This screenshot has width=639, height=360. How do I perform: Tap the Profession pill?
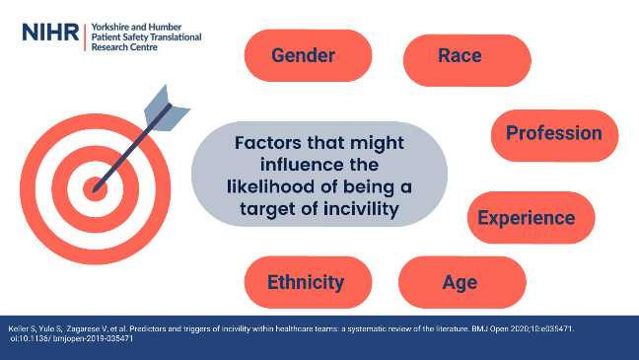point(553,134)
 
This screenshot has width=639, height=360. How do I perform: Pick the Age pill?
point(460,282)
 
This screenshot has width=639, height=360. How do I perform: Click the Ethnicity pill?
point(306,282)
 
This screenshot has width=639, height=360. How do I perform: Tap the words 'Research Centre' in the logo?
point(121,43)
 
